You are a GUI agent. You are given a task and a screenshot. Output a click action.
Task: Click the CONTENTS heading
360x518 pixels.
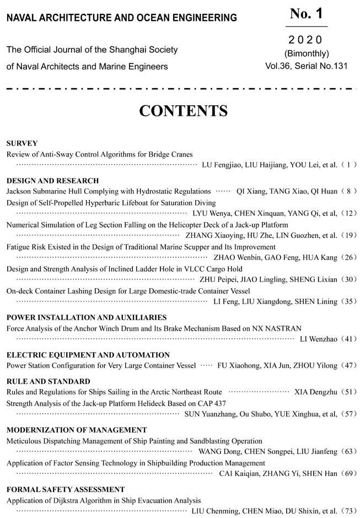click(183, 111)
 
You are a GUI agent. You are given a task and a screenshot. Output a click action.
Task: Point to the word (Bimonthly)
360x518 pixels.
click(307, 53)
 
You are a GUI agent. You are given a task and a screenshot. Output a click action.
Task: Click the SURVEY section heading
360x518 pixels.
click(22, 143)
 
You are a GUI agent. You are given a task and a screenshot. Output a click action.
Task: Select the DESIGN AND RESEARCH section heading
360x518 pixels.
click(52, 180)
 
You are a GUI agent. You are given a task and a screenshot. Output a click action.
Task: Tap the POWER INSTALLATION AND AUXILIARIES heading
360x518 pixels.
click(86, 317)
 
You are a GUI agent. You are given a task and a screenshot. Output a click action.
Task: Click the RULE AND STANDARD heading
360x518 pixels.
click(48, 381)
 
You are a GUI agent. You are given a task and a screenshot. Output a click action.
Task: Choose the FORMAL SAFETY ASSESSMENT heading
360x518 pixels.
click(66, 489)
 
